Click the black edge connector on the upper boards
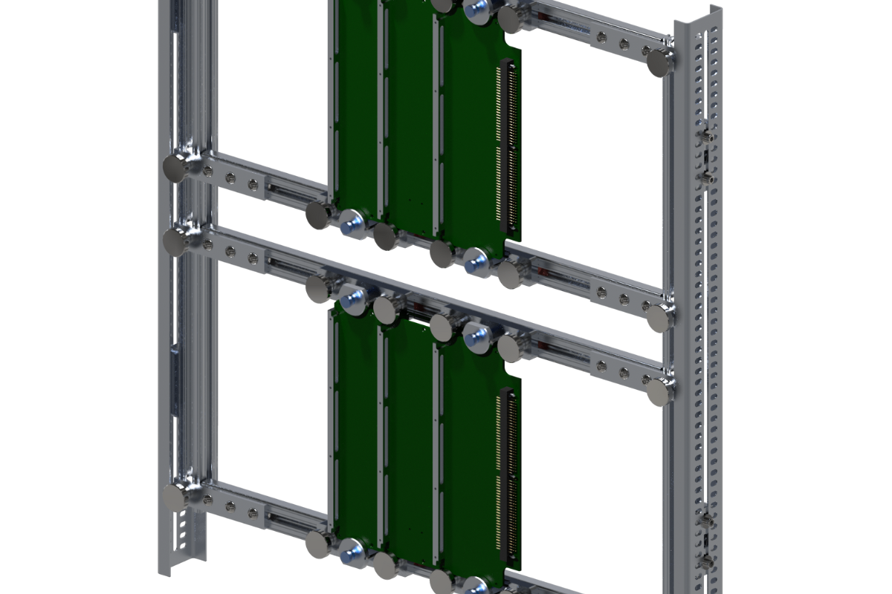click(x=510, y=145)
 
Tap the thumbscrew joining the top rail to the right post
click(x=659, y=62)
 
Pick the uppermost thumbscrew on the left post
click(x=175, y=168)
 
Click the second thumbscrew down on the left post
click(x=175, y=241)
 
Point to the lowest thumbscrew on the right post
click(x=659, y=391)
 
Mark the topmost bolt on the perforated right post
click(x=705, y=137)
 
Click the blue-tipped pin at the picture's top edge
click(x=476, y=8)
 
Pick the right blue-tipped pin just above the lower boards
click(x=476, y=338)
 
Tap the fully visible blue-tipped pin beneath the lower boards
click(x=351, y=551)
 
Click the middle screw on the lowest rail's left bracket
click(x=230, y=508)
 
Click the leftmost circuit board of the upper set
click(x=354, y=104)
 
